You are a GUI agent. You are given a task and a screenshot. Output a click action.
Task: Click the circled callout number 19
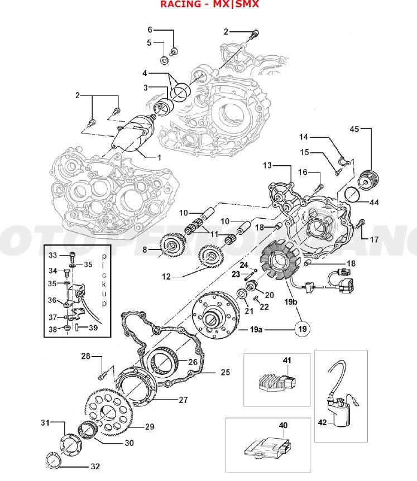pos(303,329)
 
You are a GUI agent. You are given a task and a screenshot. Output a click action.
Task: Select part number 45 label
pos(354,129)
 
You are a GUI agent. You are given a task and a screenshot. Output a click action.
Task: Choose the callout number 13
pos(267,165)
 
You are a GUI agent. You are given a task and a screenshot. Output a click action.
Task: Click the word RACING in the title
pos(178,4)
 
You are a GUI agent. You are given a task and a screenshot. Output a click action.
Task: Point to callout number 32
pos(95,466)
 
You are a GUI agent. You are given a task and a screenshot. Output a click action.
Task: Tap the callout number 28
pos(85,356)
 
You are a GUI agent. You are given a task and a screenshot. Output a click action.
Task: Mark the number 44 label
pos(373,203)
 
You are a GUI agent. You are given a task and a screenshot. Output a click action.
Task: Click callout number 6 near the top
pos(150,29)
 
